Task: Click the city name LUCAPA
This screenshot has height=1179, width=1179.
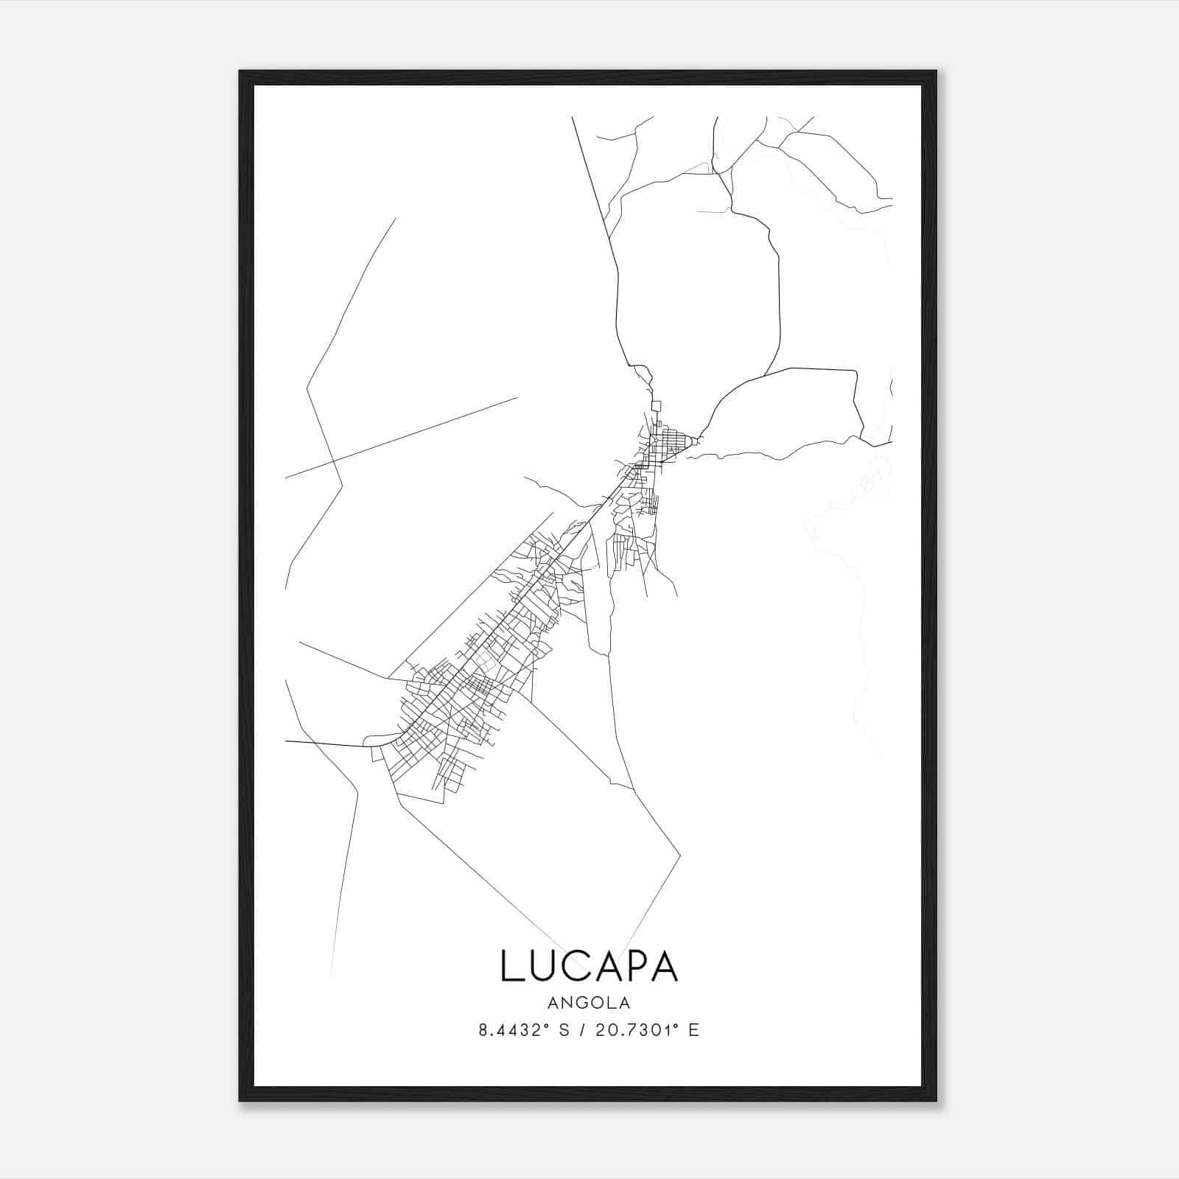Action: click(589, 965)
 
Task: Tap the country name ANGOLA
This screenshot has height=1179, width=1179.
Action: click(589, 1003)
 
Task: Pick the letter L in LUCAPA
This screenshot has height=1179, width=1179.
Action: click(511, 965)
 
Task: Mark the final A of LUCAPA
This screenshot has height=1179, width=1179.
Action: click(664, 965)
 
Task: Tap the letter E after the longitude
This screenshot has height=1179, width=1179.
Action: click(693, 1030)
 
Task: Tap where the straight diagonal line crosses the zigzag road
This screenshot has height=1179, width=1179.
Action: click(335, 462)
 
